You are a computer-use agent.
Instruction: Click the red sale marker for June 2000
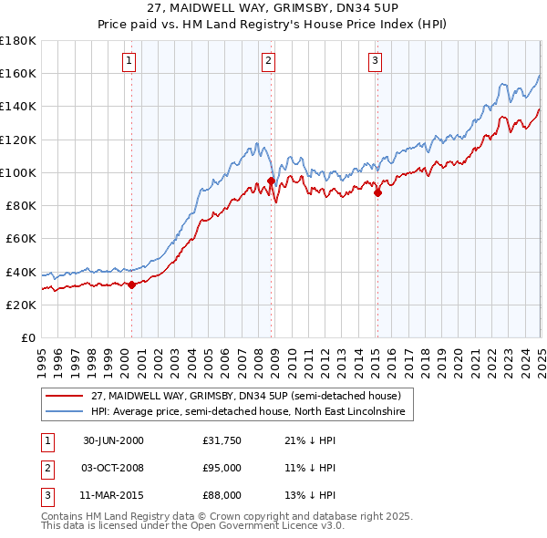(131, 285)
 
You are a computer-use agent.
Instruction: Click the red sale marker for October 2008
(271, 181)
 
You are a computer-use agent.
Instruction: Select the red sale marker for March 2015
(377, 191)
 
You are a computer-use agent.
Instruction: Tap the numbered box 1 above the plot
(129, 61)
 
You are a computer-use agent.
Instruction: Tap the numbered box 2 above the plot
(269, 61)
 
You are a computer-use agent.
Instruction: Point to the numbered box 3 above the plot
(375, 61)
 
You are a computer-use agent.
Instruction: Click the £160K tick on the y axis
(18, 73)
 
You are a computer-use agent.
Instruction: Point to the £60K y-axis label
(20, 238)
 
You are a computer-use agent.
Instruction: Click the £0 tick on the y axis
(27, 337)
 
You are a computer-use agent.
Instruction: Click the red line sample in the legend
(64, 396)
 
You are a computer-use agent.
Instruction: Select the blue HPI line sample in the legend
(64, 412)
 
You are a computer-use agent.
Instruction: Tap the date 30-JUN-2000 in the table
(113, 441)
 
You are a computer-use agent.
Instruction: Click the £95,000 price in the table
(222, 468)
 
